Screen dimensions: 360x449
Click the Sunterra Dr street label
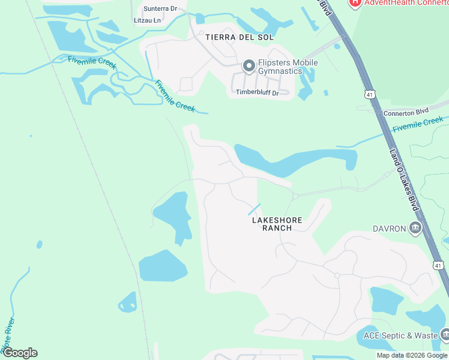160,8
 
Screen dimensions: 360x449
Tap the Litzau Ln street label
148,20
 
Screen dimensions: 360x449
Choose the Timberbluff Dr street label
257,92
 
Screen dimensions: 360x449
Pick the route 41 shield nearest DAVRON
438,265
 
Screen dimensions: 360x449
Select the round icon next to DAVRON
415,228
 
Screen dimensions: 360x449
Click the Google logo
20,353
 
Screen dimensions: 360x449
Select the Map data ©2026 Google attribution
412,355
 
